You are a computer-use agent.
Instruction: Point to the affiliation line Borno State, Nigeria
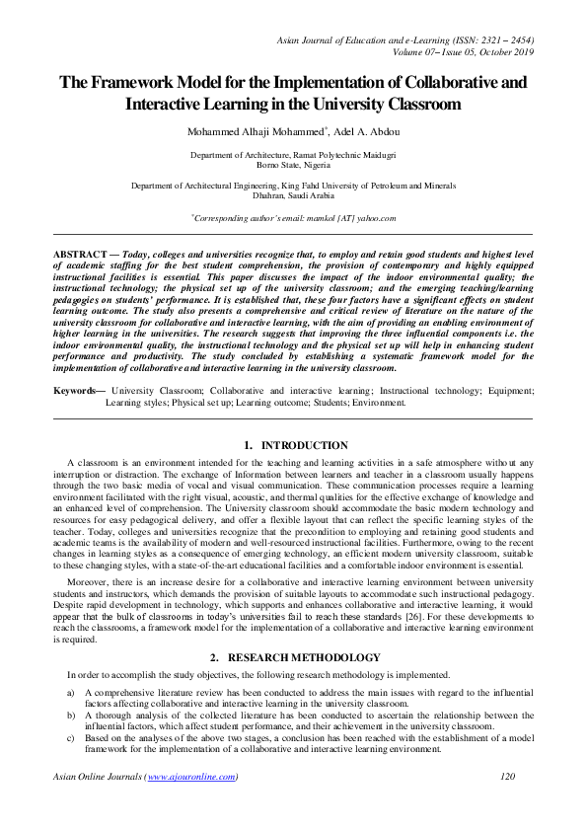point(293,165)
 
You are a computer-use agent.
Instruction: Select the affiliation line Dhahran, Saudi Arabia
point(293,194)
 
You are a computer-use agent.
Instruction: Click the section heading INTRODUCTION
point(307,446)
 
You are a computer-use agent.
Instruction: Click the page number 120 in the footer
point(508,778)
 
